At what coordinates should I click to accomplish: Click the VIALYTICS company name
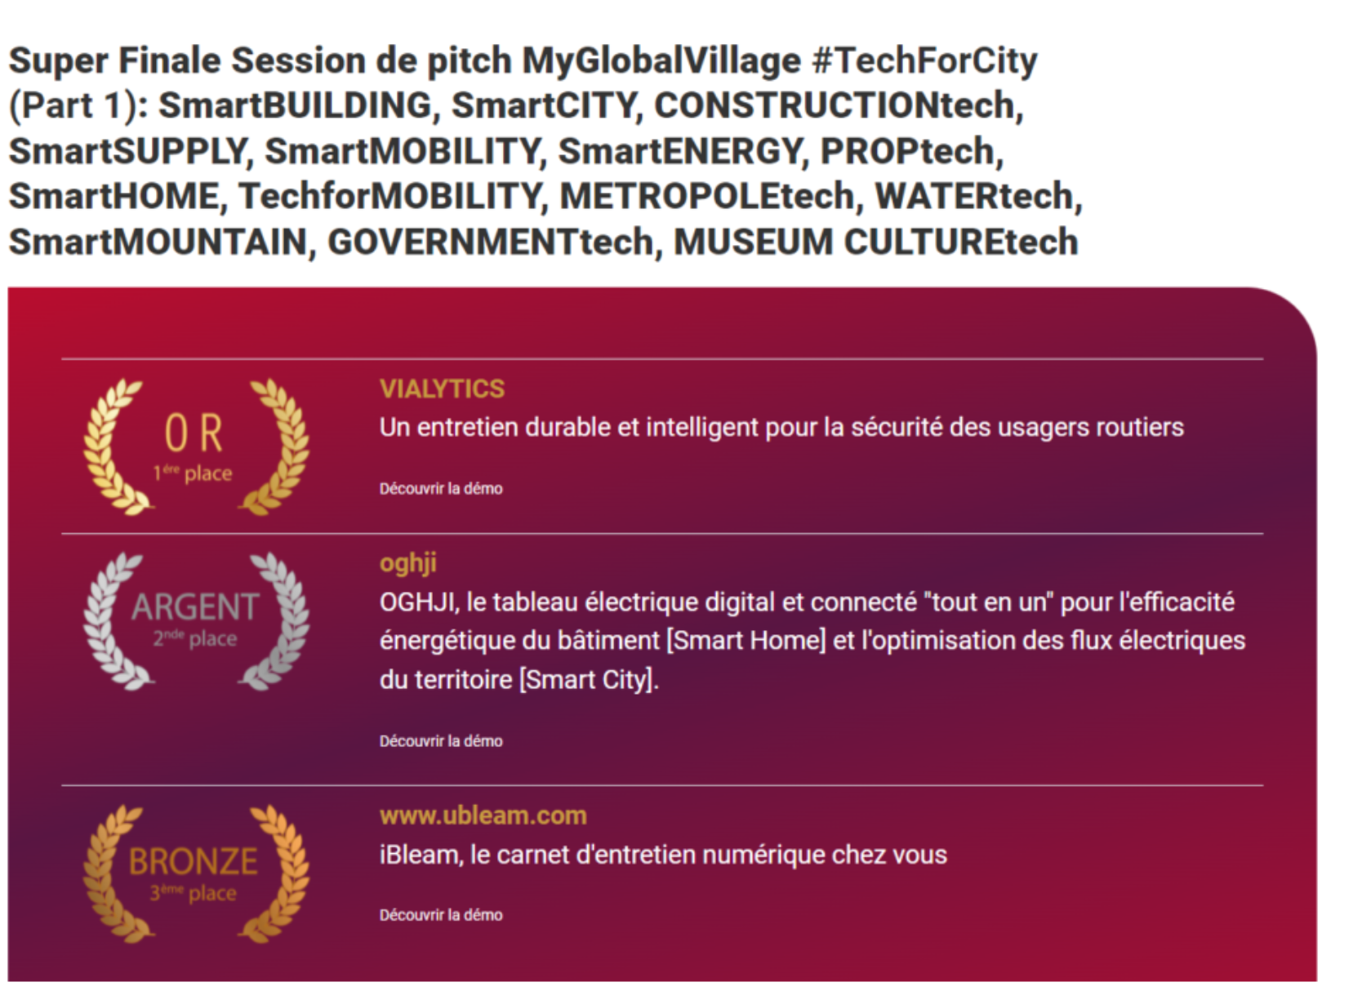point(442,389)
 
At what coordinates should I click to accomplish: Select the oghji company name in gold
point(408,564)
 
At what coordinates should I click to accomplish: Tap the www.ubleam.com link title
point(483,816)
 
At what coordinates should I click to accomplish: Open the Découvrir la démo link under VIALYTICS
point(441,489)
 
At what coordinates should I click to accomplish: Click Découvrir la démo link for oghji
point(441,741)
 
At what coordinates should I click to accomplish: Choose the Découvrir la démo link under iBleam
point(441,915)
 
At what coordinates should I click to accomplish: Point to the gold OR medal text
point(194,433)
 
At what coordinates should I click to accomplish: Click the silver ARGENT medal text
point(195,607)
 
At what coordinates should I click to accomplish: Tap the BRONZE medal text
point(194,861)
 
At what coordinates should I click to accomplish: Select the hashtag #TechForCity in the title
point(925,60)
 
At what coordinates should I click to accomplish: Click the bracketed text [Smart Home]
point(746,641)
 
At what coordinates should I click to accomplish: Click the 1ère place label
point(192,473)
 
